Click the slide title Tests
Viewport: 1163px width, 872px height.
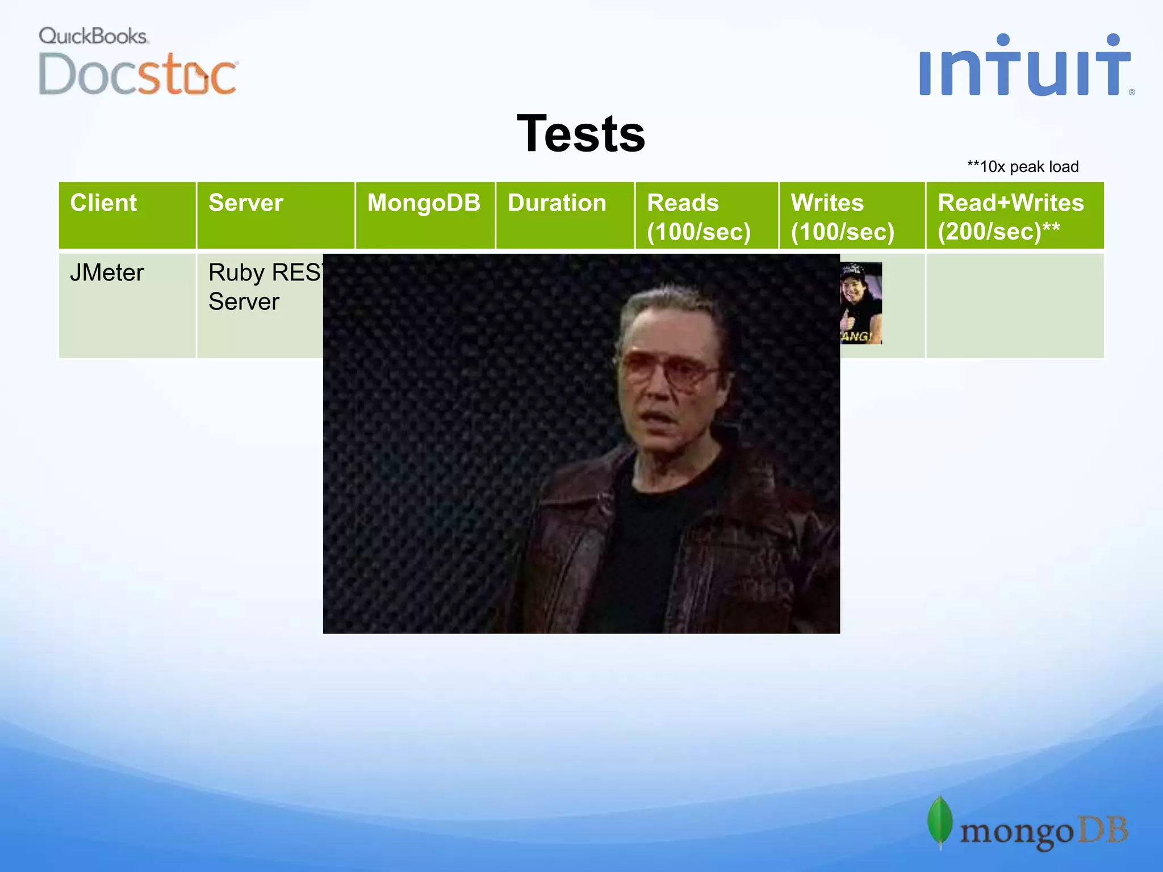[x=581, y=134]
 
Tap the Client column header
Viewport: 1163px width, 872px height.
[x=103, y=203]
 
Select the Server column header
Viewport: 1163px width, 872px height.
[x=245, y=203]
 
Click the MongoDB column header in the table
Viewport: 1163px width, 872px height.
[x=424, y=203]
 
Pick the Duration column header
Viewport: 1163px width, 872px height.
[x=557, y=203]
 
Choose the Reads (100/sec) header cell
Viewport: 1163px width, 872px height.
[x=699, y=217]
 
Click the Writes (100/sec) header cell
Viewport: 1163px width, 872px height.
[x=843, y=217]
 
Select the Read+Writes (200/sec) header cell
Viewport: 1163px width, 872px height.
[x=1011, y=217]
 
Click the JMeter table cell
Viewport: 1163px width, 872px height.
[x=107, y=273]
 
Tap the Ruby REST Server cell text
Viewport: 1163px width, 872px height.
[x=261, y=287]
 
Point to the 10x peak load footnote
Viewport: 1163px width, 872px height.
[x=1023, y=167]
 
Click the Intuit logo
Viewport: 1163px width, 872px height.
[x=1025, y=66]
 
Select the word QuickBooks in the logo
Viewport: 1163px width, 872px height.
[x=93, y=36]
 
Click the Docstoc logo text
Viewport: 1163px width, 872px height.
[x=137, y=74]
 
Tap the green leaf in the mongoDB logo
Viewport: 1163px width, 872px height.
[x=940, y=821]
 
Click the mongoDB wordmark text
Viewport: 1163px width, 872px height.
[x=1044, y=832]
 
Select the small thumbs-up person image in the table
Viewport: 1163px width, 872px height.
[x=861, y=303]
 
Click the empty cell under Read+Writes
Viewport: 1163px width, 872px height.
[x=1014, y=305]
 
